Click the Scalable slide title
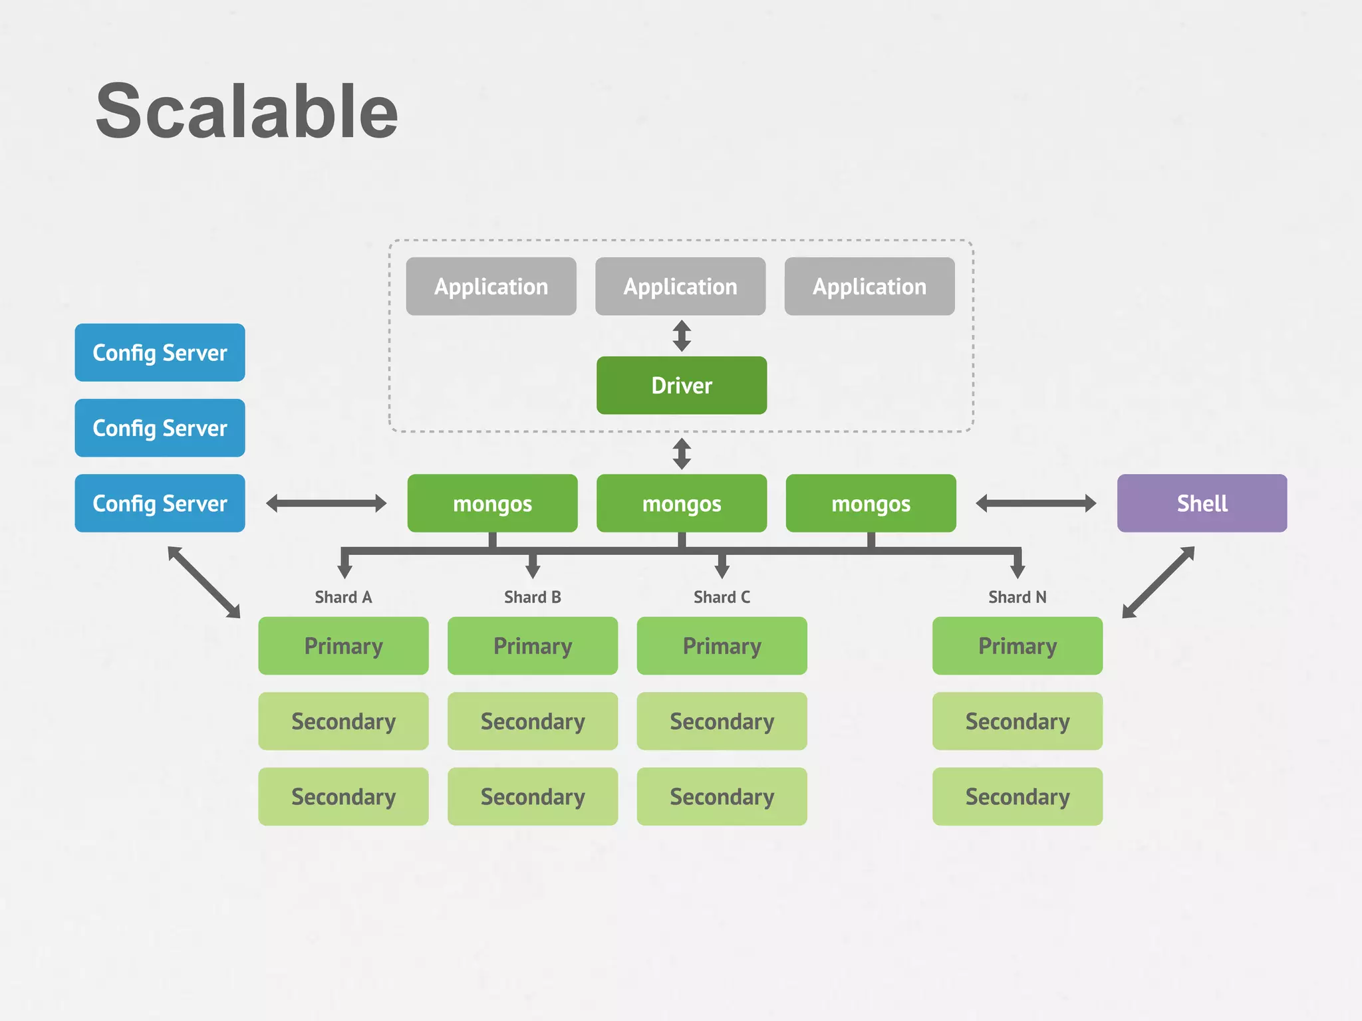(247, 112)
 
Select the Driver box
(681, 386)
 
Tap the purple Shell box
(1202, 503)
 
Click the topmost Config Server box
(160, 352)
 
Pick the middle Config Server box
(160, 428)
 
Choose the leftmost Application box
(491, 286)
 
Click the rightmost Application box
(869, 286)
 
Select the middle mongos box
(681, 503)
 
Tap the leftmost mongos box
(492, 503)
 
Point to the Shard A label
(343, 597)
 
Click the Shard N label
(1017, 597)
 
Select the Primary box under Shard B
(532, 646)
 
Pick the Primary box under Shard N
(1017, 646)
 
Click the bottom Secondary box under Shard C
(722, 796)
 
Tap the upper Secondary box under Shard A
(343, 721)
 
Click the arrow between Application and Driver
(681, 336)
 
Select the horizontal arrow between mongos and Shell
(1035, 503)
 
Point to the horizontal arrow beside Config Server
(326, 503)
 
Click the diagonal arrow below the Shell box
(1158, 582)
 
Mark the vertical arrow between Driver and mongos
(681, 453)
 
